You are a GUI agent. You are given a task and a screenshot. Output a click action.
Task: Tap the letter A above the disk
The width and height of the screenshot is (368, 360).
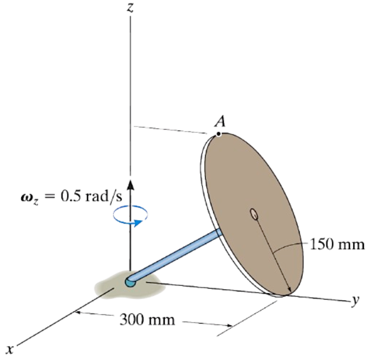point(220,121)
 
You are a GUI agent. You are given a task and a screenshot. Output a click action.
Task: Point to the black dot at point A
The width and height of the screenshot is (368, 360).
point(219,134)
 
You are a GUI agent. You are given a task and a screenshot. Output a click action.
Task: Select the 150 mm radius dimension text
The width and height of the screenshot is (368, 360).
point(337,245)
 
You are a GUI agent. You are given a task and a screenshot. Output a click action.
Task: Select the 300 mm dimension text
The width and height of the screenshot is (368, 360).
point(147,320)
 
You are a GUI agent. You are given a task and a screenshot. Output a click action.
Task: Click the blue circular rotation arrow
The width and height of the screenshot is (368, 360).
point(131,216)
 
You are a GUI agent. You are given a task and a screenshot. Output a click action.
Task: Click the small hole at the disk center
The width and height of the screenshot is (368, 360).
point(253,213)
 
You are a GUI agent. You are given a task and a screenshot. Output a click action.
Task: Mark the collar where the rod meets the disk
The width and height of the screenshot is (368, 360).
point(219,233)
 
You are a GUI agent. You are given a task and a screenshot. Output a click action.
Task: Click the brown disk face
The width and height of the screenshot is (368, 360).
point(241,182)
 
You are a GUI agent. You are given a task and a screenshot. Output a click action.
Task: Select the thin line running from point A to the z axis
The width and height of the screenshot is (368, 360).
point(173,130)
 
